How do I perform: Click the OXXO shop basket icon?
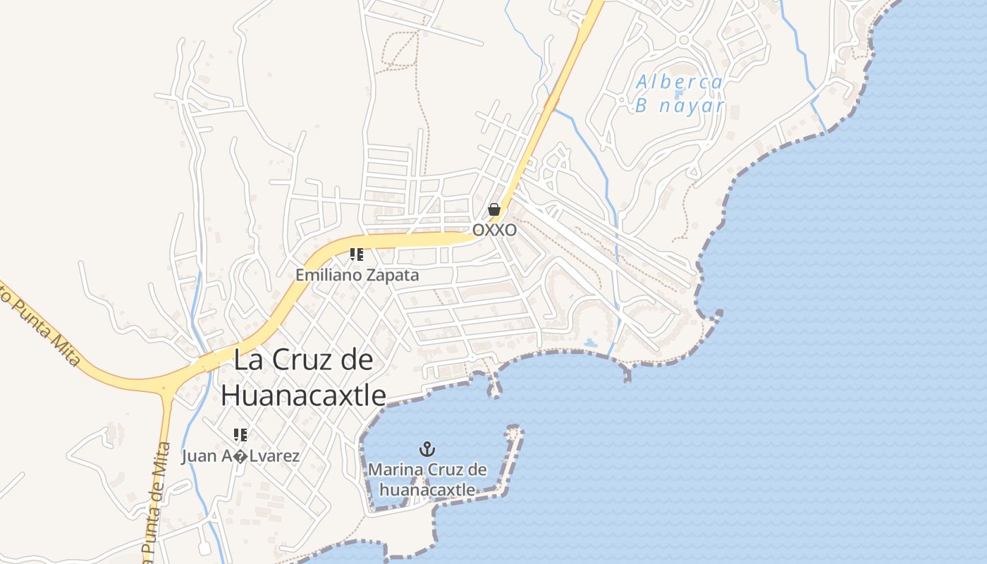pyautogui.click(x=494, y=209)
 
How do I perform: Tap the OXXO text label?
pyautogui.click(x=494, y=231)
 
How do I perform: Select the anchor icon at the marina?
pyautogui.click(x=427, y=448)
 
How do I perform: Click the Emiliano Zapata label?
pyautogui.click(x=357, y=275)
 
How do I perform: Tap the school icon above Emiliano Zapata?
pyautogui.click(x=357, y=254)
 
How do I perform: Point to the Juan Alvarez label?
pyautogui.click(x=240, y=456)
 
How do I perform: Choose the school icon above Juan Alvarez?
pyautogui.click(x=240, y=434)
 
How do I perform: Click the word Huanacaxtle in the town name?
pyautogui.click(x=303, y=396)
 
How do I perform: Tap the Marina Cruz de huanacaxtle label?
pyautogui.click(x=427, y=479)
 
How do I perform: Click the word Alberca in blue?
pyautogui.click(x=680, y=82)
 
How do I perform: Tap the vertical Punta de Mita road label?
pyautogui.click(x=157, y=501)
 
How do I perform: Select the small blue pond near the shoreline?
pyautogui.click(x=590, y=343)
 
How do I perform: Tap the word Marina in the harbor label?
pyautogui.click(x=393, y=469)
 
